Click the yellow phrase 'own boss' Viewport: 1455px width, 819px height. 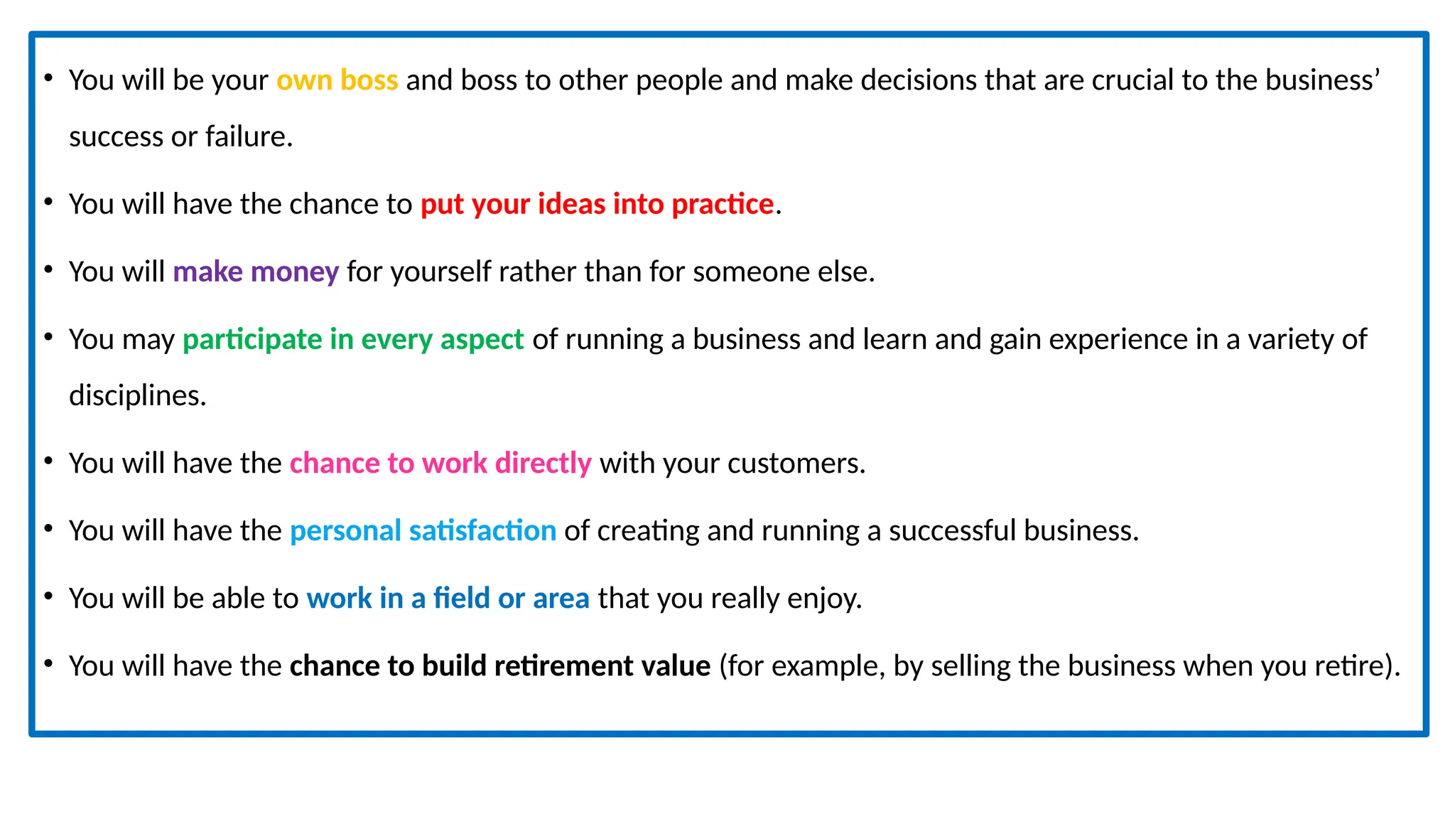(337, 80)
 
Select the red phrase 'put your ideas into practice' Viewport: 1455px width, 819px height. (597, 204)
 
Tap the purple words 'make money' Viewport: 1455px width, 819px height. (256, 272)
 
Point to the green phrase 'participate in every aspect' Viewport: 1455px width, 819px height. (353, 340)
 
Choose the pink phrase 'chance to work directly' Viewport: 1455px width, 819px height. (440, 464)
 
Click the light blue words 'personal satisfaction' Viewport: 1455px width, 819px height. (423, 531)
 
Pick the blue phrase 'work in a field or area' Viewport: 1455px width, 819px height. (448, 599)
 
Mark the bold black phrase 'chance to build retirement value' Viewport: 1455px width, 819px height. (500, 666)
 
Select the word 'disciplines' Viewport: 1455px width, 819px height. (135, 395)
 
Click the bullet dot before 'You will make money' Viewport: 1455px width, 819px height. (48, 269)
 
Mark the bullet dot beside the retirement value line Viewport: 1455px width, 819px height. (48, 663)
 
